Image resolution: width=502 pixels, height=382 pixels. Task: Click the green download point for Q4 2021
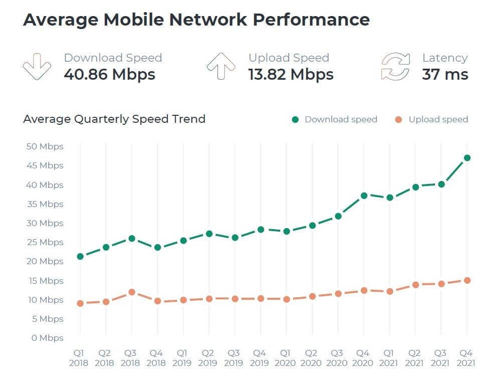(x=467, y=158)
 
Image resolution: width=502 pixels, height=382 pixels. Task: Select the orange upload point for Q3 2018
(x=132, y=292)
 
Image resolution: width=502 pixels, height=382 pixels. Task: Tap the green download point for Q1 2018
(x=80, y=257)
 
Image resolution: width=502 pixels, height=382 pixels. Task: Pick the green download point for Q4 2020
(x=364, y=196)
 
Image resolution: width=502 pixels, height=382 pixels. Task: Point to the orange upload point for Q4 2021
(x=467, y=281)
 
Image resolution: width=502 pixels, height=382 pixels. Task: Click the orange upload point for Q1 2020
(x=287, y=299)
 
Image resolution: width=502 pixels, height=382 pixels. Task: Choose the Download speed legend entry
(x=335, y=119)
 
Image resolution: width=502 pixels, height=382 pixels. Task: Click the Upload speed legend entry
(x=431, y=119)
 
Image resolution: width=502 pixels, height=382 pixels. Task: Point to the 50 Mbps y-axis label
(x=44, y=146)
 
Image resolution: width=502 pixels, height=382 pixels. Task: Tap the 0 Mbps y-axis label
(x=47, y=338)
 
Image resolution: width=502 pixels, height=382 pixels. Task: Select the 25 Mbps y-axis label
(x=44, y=242)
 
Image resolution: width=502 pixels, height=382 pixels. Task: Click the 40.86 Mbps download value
(x=110, y=75)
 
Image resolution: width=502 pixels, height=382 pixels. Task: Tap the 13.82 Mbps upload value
(x=291, y=75)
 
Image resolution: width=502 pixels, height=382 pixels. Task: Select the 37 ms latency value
(x=445, y=75)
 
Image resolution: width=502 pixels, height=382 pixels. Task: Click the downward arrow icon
(x=37, y=67)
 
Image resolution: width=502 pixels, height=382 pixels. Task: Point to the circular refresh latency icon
(x=395, y=67)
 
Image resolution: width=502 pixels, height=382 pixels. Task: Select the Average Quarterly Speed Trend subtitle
(x=114, y=119)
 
